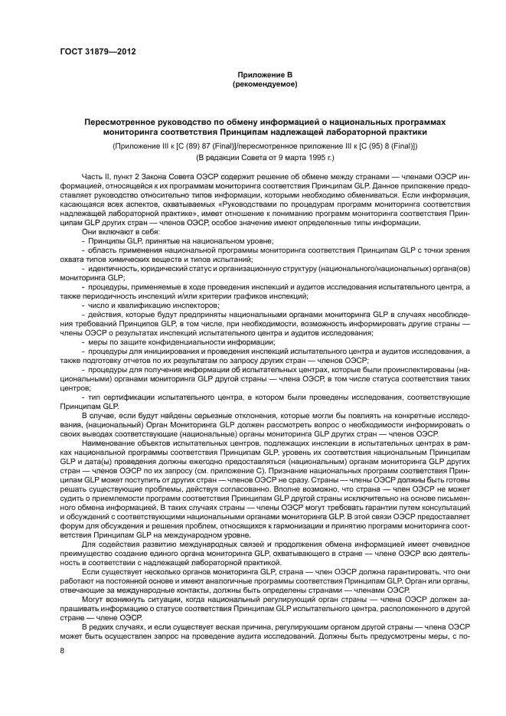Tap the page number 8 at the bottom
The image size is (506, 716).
pyautogui.click(x=60, y=651)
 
